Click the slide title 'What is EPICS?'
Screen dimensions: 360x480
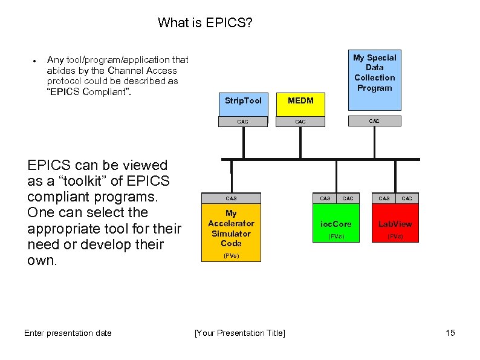click(205, 23)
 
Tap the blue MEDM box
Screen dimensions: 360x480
click(300, 101)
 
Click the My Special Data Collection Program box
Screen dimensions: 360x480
click(374, 73)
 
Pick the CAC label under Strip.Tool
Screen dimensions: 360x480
click(242, 122)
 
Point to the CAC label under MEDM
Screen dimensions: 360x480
click(300, 122)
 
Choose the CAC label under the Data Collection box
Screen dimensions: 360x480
click(374, 121)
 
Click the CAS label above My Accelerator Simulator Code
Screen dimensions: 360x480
click(231, 198)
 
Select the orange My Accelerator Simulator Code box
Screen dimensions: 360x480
click(231, 228)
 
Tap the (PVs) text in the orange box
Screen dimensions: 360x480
click(231, 256)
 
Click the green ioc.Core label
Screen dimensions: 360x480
click(336, 224)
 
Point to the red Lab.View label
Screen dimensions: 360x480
click(395, 224)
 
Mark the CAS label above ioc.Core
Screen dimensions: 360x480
click(325, 198)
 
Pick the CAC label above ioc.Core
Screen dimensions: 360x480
click(348, 198)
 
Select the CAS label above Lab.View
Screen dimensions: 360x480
click(384, 198)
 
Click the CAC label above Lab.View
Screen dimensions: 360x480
click(407, 198)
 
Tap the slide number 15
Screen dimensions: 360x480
click(450, 333)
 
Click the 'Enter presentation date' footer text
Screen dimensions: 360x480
click(68, 333)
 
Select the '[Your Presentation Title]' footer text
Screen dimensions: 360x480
click(240, 333)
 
